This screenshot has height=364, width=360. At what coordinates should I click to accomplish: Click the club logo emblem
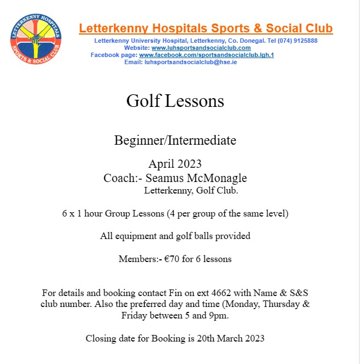point(37,38)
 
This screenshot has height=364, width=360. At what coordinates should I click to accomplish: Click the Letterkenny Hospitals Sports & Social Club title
point(205,29)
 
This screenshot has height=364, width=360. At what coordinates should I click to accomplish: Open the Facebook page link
point(206,55)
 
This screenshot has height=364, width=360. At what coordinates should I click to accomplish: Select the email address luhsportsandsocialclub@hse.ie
point(191,62)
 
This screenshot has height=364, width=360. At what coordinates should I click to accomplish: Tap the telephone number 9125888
point(304,41)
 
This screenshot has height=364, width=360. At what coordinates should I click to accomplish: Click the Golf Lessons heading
point(175,101)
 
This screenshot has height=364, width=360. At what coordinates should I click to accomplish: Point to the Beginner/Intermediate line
point(175,140)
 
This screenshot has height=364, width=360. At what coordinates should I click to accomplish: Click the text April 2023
point(175,164)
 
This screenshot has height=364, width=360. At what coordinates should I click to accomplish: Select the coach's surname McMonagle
point(222,178)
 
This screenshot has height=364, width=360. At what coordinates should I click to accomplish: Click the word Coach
point(117,178)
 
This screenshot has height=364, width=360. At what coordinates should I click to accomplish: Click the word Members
point(138,259)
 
